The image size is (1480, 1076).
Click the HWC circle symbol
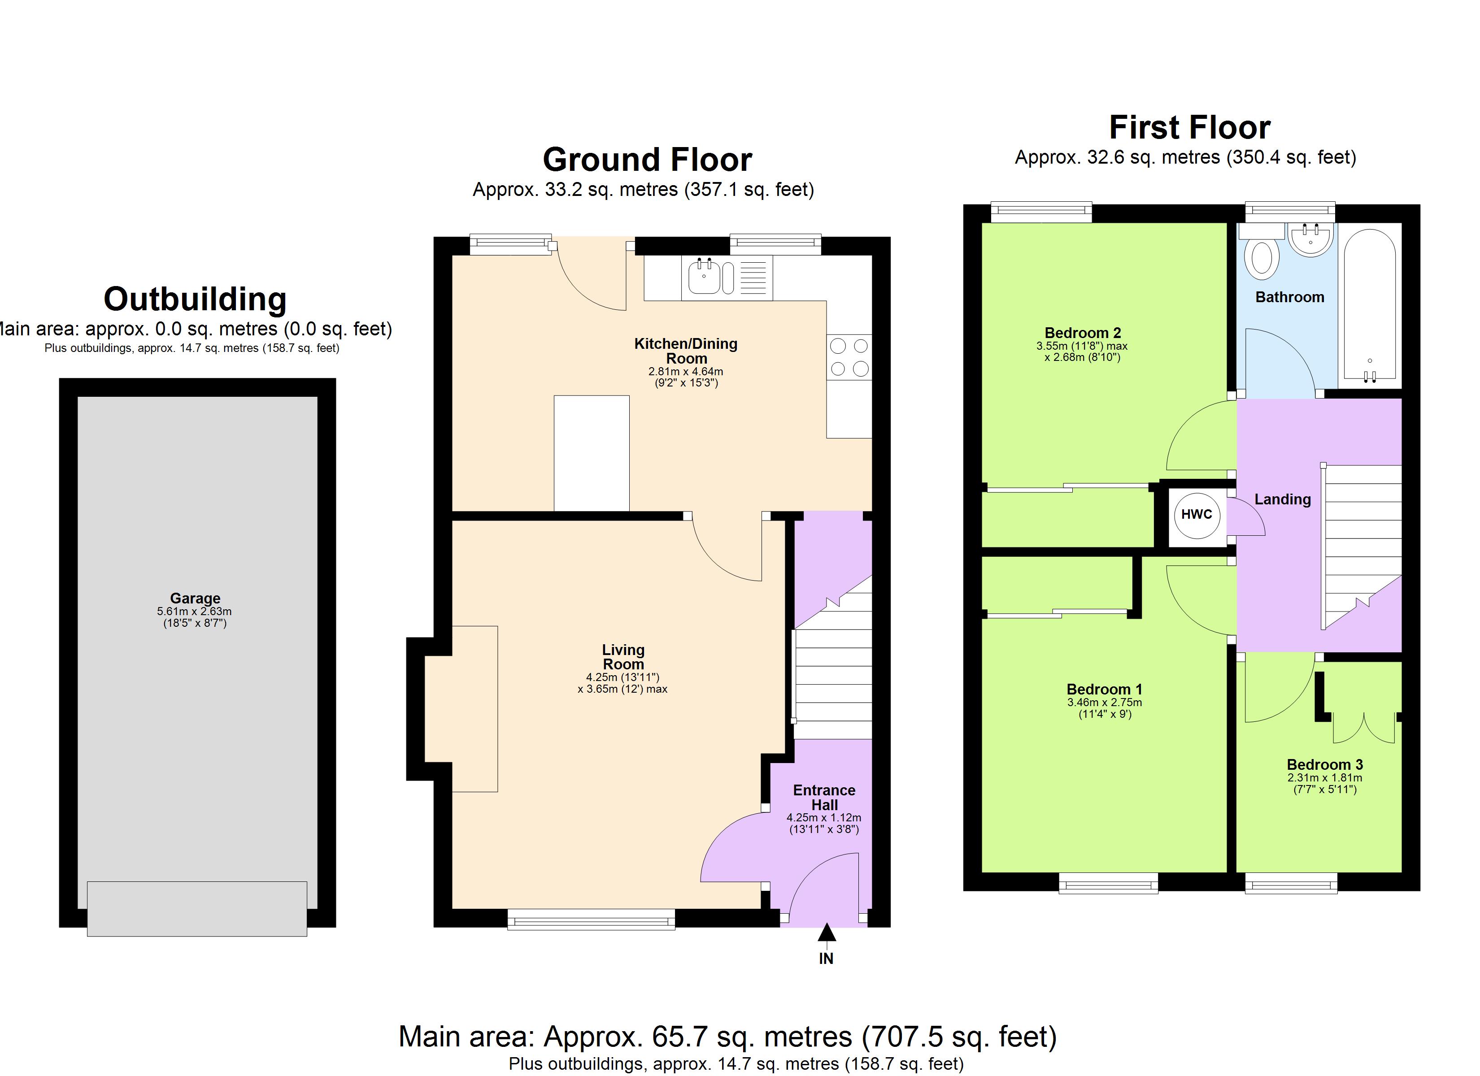(1196, 514)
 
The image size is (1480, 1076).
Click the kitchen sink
(704, 278)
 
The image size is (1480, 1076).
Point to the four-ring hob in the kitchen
(849, 357)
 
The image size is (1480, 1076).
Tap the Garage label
(195, 598)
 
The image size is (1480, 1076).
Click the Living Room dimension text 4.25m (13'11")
(622, 677)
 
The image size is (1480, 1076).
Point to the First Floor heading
(1189, 127)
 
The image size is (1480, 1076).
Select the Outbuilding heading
(195, 299)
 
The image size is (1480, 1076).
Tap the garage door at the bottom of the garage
(196, 908)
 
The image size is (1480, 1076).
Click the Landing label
(1282, 499)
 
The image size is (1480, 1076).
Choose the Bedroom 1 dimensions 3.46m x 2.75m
(1104, 703)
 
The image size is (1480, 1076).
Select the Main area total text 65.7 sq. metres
(727, 1036)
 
